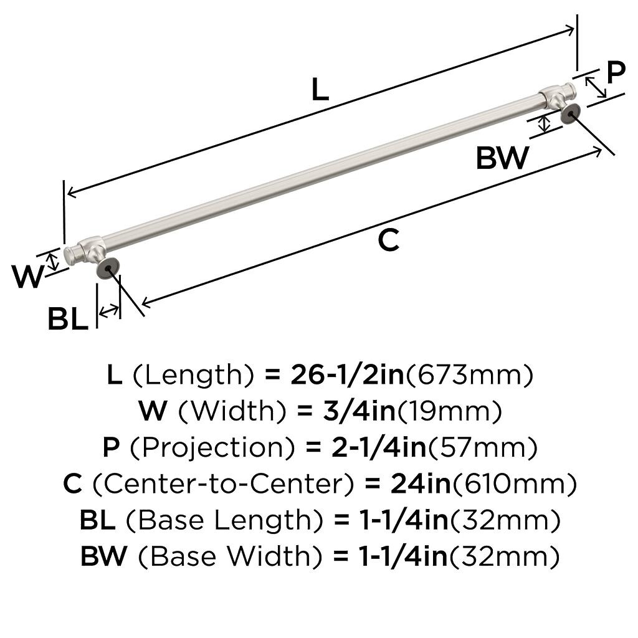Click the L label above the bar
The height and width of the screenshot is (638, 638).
pos(320,89)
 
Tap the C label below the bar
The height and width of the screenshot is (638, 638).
pos(388,240)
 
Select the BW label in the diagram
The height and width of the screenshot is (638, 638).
pos(502,158)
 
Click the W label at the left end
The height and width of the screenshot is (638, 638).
pos(27,276)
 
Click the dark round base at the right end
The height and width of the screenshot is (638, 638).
pos(571,113)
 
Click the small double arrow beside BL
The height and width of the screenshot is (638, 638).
pos(109,312)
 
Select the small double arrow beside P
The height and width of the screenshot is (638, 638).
pos(595,87)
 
